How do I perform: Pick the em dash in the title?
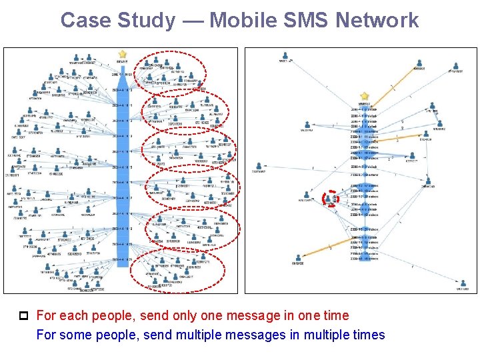(x=191, y=20)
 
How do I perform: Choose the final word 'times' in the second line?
(x=366, y=334)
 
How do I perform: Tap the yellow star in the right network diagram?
(x=364, y=96)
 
